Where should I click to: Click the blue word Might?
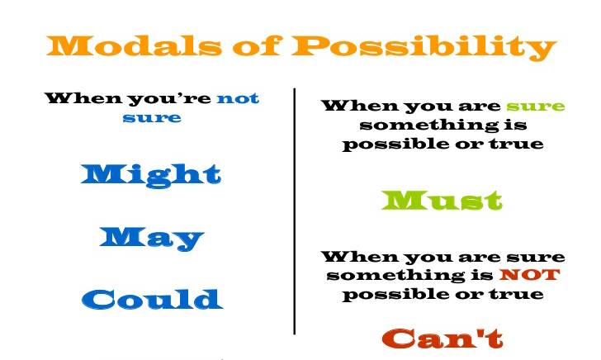[x=152, y=173]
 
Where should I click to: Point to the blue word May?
[x=152, y=237]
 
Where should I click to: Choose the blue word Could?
[x=152, y=298]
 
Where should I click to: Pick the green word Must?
[x=442, y=199]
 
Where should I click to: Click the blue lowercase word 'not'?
[x=238, y=99]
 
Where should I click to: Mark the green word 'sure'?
[x=536, y=107]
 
